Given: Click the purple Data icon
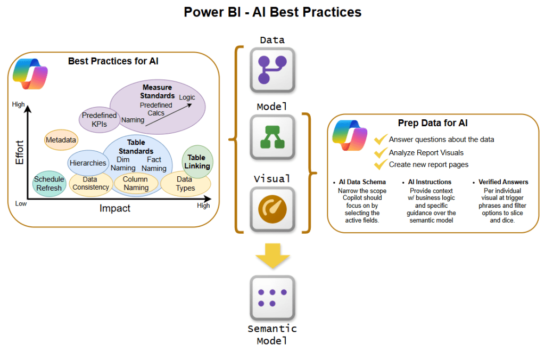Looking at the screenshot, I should coord(272,70).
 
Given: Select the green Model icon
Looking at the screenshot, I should coord(272,137).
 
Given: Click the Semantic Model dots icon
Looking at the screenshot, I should coord(272,298).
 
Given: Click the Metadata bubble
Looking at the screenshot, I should coord(61,140).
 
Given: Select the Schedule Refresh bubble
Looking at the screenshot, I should coord(49,183).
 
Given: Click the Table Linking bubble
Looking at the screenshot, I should coord(197,161).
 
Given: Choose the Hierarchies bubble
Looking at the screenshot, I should coord(88,163).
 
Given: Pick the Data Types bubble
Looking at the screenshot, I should coord(185,184).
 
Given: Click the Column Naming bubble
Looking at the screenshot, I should coord(135,183).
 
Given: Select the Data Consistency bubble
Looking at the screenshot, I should coord(90,184).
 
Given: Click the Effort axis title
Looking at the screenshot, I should coord(20,152).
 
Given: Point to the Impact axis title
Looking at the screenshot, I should coord(115,208).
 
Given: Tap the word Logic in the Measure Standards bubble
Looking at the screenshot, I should coord(187,97).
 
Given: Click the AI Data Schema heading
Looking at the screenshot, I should coord(362,182).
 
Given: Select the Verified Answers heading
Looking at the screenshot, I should coord(503,182).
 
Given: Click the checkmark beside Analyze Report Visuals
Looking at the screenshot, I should coord(381,153).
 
